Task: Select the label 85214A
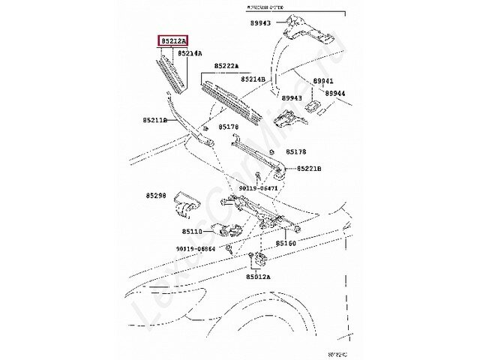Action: point(190,54)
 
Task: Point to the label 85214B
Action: point(253,79)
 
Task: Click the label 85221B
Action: point(309,169)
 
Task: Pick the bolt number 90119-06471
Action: point(259,188)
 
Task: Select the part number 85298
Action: point(157,195)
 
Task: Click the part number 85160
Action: point(286,244)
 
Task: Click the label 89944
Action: point(335,93)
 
